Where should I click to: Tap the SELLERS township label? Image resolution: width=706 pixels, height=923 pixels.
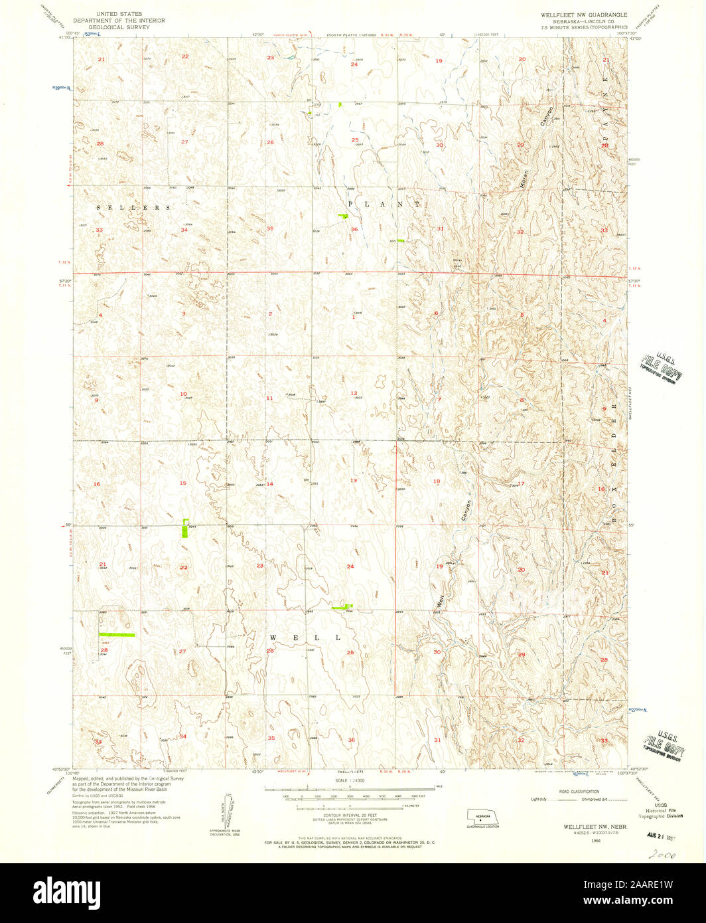pos(133,208)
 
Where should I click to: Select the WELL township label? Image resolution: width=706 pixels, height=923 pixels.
pos(306,637)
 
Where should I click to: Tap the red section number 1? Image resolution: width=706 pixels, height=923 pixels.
pos(354,317)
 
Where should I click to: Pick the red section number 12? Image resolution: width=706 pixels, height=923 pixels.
pos(354,394)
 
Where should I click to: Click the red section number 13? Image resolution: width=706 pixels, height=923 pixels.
pos(354,480)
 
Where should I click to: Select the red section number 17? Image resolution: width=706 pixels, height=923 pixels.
pos(521,484)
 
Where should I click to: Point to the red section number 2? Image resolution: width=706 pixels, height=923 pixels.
pos(270,313)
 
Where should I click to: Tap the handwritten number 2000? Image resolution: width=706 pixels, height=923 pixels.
pos(662,856)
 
